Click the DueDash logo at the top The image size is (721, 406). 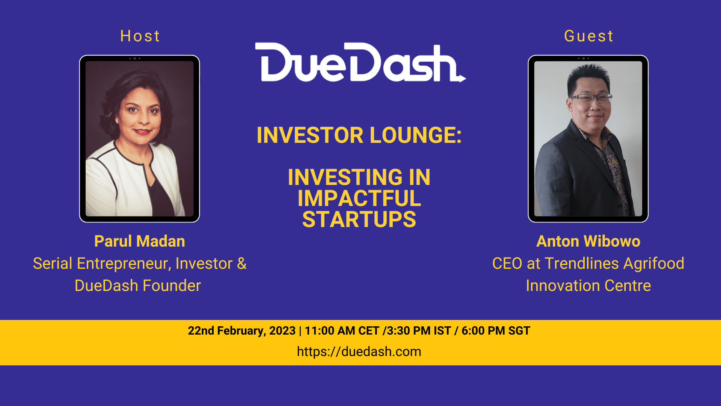[360, 62]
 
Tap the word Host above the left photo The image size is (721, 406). [140, 36]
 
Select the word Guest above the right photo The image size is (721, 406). [588, 36]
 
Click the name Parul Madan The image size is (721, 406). [140, 241]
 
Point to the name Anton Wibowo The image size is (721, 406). [588, 241]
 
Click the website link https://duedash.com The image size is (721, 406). [359, 351]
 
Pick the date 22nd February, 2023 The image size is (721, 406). [241, 331]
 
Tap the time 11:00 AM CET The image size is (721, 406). [342, 331]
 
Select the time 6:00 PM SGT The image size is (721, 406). [496, 331]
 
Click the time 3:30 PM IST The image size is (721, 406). [419, 331]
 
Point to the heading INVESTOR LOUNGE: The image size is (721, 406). [359, 135]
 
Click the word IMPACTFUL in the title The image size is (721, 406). [359, 198]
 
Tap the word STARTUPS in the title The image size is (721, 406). [359, 220]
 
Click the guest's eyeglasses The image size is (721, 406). [591, 98]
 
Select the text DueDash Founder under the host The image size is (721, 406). [138, 286]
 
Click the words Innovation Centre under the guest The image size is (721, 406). [588, 286]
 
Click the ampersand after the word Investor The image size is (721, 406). [242, 264]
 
